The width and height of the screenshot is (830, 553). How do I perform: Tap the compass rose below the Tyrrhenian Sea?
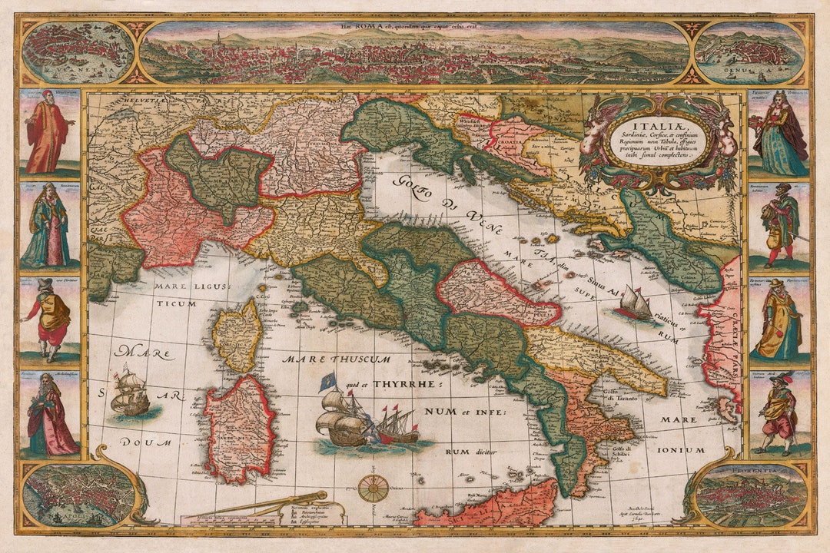[374, 488]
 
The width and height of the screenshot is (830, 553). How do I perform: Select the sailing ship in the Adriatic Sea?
[636, 303]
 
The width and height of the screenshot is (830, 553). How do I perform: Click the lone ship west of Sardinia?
[130, 393]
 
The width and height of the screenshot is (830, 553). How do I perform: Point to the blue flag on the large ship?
[331, 379]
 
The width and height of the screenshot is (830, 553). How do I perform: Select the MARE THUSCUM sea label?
[335, 359]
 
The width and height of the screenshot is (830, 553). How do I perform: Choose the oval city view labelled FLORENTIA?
[750, 495]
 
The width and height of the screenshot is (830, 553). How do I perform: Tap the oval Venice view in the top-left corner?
[78, 52]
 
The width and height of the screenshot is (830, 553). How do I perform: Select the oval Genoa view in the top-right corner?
[749, 52]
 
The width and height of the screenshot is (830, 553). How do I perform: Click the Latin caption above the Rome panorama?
[414, 26]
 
